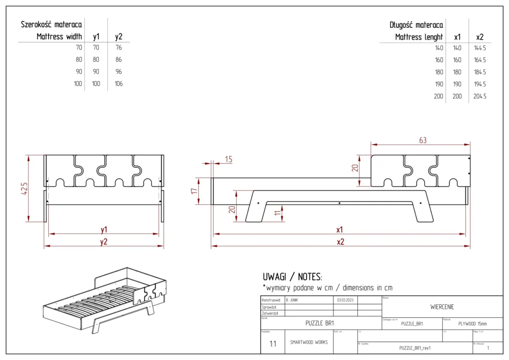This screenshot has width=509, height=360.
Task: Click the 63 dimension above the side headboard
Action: pos(423,140)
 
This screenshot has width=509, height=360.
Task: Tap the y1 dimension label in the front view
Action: pos(103,230)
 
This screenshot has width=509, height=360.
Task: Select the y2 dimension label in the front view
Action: pos(103,242)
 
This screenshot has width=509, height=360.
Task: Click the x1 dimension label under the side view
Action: pos(340,230)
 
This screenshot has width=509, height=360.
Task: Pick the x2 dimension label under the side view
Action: pos(340,242)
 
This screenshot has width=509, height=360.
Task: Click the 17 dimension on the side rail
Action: pos(194,190)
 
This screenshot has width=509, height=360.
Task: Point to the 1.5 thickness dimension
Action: pos(228,159)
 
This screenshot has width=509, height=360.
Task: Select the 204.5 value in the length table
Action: pos(480,96)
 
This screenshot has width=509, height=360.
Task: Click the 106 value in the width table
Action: pos(118,84)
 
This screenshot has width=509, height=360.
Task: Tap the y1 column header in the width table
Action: pos(96,36)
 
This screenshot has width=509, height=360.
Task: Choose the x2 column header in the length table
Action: pos(480,37)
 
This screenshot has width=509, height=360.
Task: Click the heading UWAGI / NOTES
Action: pos(292,276)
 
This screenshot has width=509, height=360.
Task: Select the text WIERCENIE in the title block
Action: pos(442,307)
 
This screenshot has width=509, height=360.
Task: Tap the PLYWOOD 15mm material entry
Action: pos(472,323)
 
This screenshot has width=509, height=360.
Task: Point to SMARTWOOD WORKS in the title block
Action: pos(308,342)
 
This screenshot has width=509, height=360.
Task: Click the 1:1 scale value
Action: pos(273,344)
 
